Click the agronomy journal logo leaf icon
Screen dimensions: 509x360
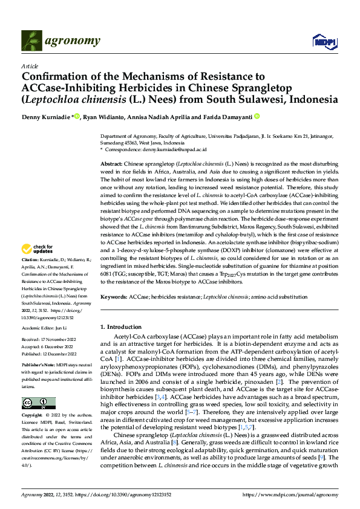pyautogui.click(x=31, y=41)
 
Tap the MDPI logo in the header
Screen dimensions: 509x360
pyautogui.click(x=321, y=41)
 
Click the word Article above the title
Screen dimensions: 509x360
pyautogui.click(x=30, y=66)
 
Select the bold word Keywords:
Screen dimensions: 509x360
pyautogui.click(x=114, y=297)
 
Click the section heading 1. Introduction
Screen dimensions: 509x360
pyautogui.click(x=120, y=326)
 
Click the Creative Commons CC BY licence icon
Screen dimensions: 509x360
pyautogui.click(x=38, y=403)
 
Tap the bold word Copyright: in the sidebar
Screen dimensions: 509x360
pyautogui.click(x=32, y=416)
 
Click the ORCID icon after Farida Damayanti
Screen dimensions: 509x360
pyautogui.click(x=257, y=116)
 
